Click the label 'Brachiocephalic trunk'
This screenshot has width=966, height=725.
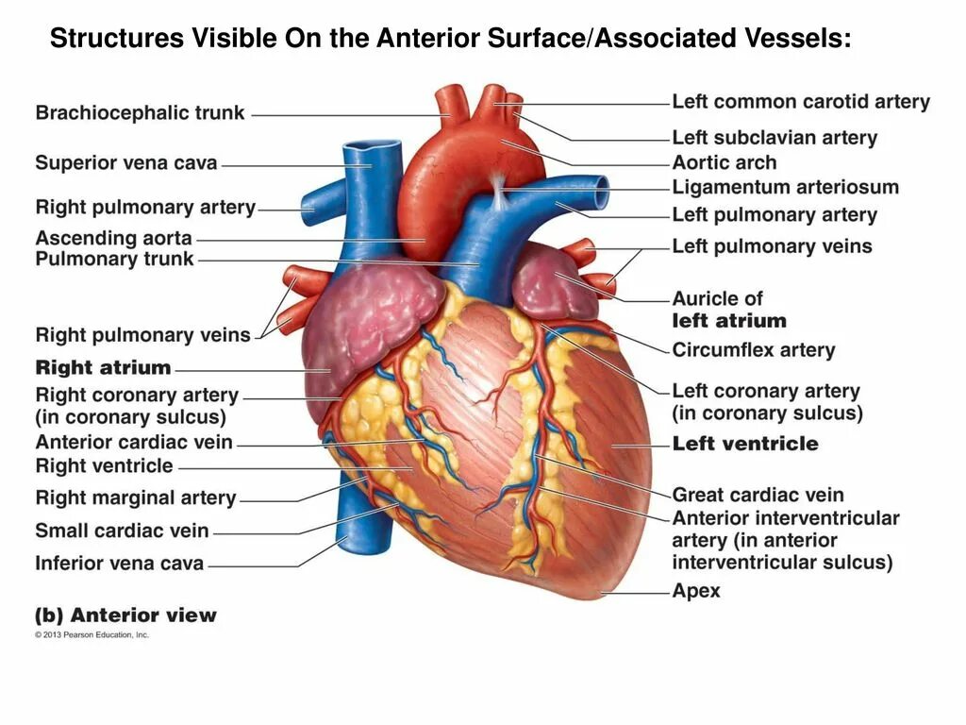click(x=140, y=113)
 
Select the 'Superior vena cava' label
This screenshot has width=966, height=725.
click(x=125, y=163)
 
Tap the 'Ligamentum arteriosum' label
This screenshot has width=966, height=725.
click(x=785, y=187)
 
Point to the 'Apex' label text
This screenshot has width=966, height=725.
click(x=696, y=591)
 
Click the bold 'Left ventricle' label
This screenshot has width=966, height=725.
click(x=745, y=444)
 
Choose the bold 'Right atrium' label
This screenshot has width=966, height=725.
click(x=103, y=368)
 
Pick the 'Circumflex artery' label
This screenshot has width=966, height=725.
click(x=754, y=350)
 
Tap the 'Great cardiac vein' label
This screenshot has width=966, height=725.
click(x=758, y=495)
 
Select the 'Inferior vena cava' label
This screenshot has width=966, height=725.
click(x=119, y=564)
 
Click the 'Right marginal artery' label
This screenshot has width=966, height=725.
click(x=135, y=497)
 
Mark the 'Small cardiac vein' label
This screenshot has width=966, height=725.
click(x=122, y=531)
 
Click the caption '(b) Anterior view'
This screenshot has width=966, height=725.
click(x=125, y=615)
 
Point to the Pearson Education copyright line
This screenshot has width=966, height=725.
click(x=92, y=635)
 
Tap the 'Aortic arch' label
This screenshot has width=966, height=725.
click(x=724, y=162)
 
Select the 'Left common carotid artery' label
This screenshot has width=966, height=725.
click(x=801, y=102)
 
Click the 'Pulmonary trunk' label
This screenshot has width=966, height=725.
click(x=114, y=260)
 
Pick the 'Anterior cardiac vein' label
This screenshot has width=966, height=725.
click(x=134, y=442)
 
